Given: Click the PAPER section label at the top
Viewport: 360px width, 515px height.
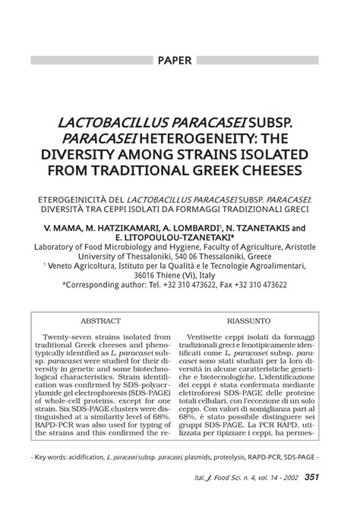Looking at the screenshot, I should [179, 58].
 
